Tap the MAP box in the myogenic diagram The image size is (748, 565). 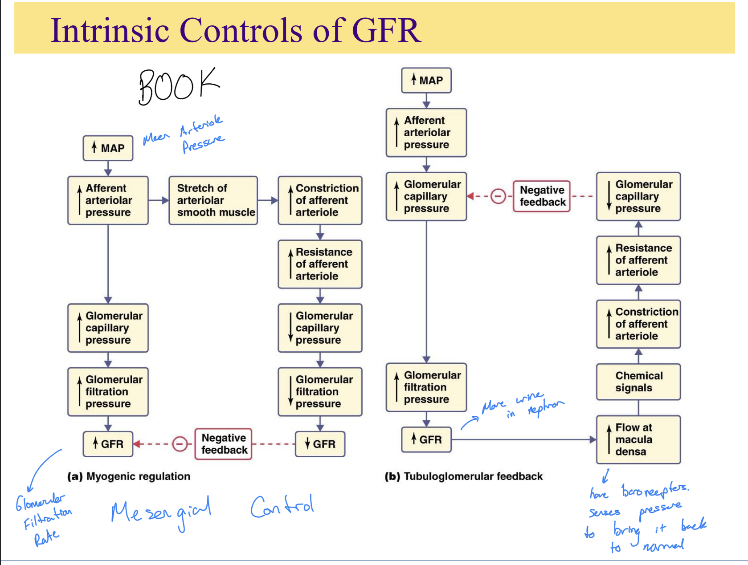click(x=108, y=148)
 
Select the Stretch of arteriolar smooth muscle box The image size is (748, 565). click(x=213, y=200)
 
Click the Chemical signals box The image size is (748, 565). click(x=638, y=382)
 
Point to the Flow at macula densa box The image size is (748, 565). click(x=638, y=439)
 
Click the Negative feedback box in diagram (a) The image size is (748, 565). click(x=224, y=444)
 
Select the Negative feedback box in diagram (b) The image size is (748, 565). click(x=542, y=196)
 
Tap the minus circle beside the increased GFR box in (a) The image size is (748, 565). click(x=180, y=444)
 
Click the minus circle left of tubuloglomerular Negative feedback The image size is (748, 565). click(x=498, y=196)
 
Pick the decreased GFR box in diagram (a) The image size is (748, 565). click(x=320, y=444)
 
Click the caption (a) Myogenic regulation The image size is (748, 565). click(x=129, y=476)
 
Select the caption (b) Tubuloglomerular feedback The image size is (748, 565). click(x=463, y=476)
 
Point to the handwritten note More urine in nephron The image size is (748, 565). click(x=521, y=404)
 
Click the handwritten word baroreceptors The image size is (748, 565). click(x=654, y=490)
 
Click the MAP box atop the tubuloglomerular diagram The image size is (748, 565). click(x=426, y=80)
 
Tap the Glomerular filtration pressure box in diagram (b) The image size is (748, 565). click(x=426, y=387)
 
